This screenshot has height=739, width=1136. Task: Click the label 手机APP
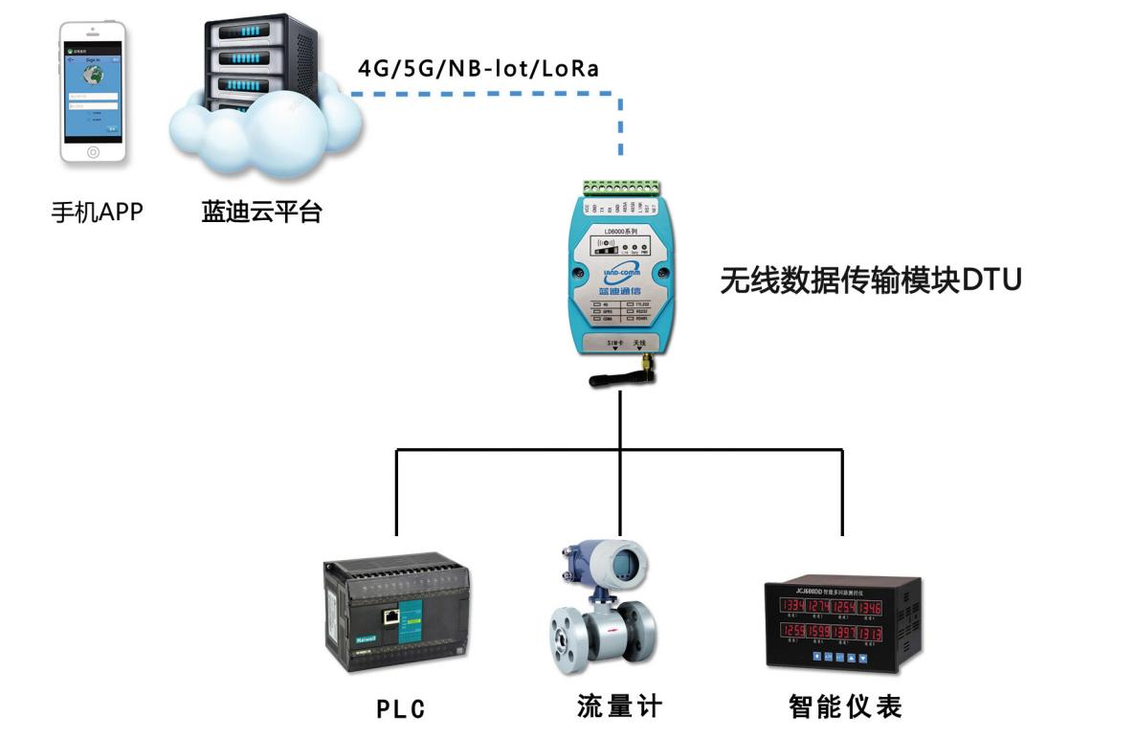96,211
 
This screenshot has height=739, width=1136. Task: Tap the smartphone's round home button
93,151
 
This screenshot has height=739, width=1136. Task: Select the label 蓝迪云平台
261,211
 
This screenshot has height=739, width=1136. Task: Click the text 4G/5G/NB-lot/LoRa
479,69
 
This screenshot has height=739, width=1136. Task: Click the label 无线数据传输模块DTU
871,280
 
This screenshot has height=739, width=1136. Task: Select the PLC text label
400,709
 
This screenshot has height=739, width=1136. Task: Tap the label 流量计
619,707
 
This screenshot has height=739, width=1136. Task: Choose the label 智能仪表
845,707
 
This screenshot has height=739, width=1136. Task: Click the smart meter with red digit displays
841,623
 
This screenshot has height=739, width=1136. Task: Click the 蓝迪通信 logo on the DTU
617,278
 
